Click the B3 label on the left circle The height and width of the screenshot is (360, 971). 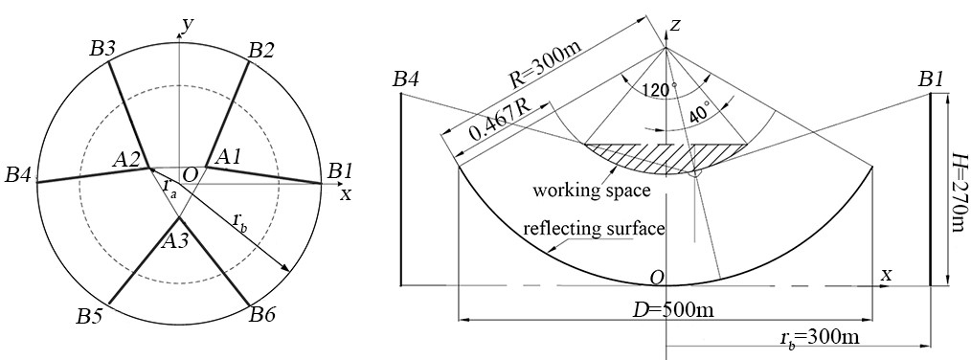point(102,50)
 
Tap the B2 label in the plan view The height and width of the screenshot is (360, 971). point(260,51)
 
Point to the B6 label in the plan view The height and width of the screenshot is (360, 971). point(262,315)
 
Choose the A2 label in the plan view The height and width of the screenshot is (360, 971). point(126,161)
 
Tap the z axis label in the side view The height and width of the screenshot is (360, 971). point(676,24)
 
